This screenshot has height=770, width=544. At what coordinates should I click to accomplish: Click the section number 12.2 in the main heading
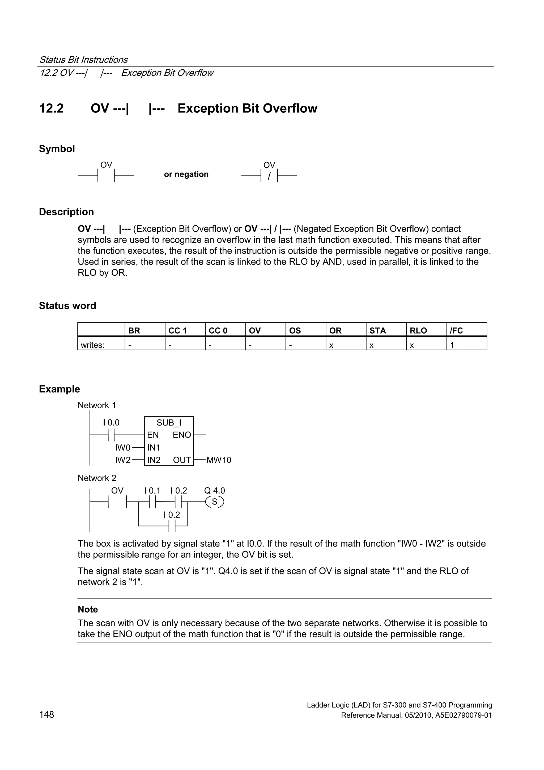[x=51, y=108]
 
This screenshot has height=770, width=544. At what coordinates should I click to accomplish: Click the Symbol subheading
[x=57, y=149]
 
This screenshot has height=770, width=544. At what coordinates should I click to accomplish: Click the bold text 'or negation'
[x=186, y=174]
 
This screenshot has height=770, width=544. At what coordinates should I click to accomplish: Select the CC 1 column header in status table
[x=177, y=331]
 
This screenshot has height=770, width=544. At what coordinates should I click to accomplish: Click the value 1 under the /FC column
[x=452, y=345]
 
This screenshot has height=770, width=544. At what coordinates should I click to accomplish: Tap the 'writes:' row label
[x=92, y=345]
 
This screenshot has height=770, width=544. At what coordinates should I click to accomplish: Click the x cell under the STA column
[x=371, y=345]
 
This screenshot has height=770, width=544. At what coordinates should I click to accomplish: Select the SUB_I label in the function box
[x=169, y=423]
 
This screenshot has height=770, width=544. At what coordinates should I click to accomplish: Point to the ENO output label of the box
[x=182, y=435]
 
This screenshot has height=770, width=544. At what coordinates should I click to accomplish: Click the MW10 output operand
[x=219, y=460]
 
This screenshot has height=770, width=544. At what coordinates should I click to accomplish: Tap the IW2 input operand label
[x=123, y=460]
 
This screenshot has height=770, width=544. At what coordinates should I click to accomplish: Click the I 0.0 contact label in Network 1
[x=111, y=423]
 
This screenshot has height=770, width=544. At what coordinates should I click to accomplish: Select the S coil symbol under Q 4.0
[x=215, y=502]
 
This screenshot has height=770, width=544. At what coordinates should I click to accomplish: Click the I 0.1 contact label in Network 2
[x=152, y=491]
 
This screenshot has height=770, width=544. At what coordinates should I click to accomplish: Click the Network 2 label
[x=97, y=478]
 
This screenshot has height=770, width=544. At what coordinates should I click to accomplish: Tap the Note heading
[x=88, y=609]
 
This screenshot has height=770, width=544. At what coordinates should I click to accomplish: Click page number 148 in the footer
[x=46, y=715]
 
